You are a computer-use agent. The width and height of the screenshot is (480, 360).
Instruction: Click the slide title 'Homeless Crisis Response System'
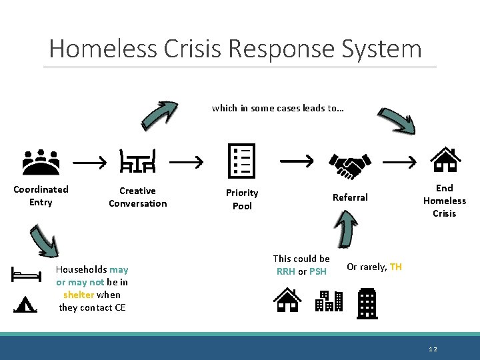click(x=235, y=49)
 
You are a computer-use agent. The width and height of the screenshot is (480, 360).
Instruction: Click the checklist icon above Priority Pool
click(x=241, y=161)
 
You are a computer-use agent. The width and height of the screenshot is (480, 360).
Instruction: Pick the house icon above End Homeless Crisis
click(x=445, y=160)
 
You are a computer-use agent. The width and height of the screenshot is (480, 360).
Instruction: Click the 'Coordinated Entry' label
click(x=41, y=196)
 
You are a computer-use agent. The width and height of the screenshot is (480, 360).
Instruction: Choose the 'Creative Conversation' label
click(x=137, y=197)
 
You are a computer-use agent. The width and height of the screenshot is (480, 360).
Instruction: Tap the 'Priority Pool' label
click(x=242, y=199)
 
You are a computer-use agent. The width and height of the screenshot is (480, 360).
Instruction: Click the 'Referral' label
click(x=350, y=197)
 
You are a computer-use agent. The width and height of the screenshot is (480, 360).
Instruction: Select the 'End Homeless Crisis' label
click(x=444, y=201)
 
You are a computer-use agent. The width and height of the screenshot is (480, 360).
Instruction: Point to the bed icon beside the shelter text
click(x=27, y=274)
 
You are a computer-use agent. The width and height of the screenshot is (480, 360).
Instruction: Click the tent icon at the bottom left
click(x=25, y=304)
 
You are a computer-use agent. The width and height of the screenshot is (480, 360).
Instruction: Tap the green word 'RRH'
click(x=285, y=271)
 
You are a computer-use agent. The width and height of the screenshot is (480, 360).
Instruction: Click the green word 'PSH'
click(x=318, y=271)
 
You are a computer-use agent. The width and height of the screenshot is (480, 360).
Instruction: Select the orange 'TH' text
click(x=396, y=267)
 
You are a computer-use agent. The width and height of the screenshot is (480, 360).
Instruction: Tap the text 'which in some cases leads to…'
click(x=278, y=108)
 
